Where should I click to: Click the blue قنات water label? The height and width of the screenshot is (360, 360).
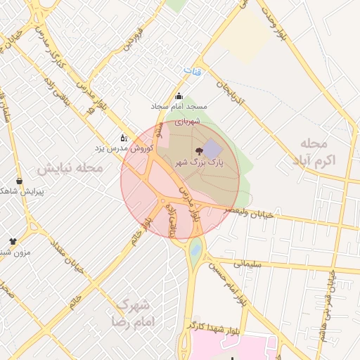coord(191,70)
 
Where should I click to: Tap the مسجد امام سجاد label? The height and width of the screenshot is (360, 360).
coord(179,107)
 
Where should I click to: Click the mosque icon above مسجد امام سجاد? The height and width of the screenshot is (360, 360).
coord(179,97)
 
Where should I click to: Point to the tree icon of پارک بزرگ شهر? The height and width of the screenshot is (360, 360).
coord(199,150)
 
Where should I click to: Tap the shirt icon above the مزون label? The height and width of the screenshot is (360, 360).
coord(13,242)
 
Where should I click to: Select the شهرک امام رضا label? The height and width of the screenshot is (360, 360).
coord(132,314)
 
